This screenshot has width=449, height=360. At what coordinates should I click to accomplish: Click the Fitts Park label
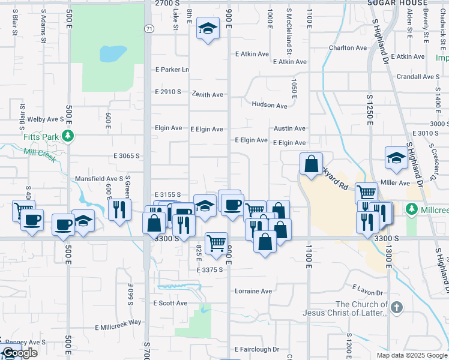[x=41, y=137]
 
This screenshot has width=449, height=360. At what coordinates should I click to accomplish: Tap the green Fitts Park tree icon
[x=69, y=136]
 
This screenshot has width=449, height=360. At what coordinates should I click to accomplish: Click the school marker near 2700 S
[x=208, y=29]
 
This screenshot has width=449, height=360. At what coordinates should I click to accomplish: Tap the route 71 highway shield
[x=148, y=28]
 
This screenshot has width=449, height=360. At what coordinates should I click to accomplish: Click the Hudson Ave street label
[x=270, y=105]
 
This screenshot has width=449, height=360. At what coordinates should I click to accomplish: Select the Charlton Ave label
[x=347, y=48]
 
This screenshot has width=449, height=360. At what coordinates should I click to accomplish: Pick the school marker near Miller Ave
[x=396, y=158]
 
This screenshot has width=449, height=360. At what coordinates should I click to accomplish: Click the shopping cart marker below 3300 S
[x=216, y=243]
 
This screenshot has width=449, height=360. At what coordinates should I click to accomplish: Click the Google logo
[x=20, y=353]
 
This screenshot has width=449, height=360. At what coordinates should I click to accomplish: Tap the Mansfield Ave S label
[x=98, y=179]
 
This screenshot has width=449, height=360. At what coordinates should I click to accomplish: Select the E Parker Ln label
[x=172, y=70]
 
